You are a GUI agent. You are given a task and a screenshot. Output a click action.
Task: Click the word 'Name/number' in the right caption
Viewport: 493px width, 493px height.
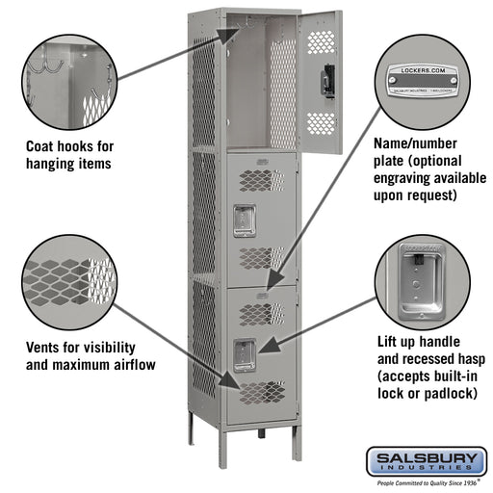[x=414, y=144]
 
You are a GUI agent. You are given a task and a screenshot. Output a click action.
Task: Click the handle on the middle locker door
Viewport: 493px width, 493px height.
[x=245, y=220]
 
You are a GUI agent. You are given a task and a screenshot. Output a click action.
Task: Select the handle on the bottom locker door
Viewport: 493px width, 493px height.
[x=245, y=355]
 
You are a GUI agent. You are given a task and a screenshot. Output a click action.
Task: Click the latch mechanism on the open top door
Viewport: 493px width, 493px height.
[x=329, y=78]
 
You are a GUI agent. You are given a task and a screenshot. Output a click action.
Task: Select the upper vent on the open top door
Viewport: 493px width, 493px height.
[x=320, y=40]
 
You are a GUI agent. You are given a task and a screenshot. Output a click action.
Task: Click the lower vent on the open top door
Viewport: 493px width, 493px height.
[x=320, y=122]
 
